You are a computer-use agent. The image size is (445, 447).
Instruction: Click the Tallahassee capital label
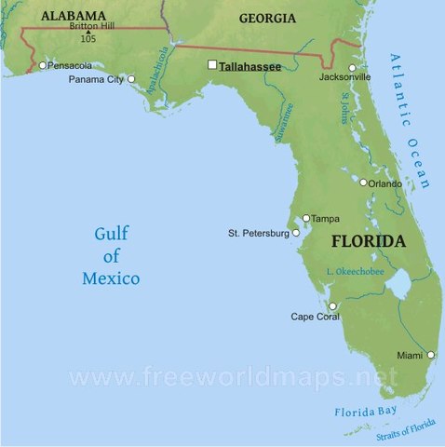pyautogui.click(x=249, y=66)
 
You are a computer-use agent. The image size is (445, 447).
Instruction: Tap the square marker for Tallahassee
pyautogui.click(x=212, y=65)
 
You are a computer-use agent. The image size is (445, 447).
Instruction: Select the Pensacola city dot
pyautogui.click(x=43, y=65)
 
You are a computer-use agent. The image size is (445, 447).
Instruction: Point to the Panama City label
pyautogui.click(x=96, y=80)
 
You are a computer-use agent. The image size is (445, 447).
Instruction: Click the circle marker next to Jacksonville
pyautogui.click(x=353, y=67)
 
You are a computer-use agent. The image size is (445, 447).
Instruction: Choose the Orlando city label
pyautogui.click(x=385, y=183)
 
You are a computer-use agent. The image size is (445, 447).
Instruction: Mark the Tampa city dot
pyautogui.click(x=305, y=218)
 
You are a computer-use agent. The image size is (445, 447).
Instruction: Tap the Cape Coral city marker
pyautogui.click(x=331, y=305)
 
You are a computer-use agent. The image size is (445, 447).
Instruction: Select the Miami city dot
pyautogui.click(x=430, y=355)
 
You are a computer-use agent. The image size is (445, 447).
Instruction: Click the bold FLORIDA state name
pyautogui.click(x=369, y=241)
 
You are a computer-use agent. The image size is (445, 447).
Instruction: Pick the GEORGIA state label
pyautogui.click(x=267, y=18)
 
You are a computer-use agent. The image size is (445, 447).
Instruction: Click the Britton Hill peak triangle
pyautogui.click(x=88, y=33)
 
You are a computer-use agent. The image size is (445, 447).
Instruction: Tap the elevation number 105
pyautogui.click(x=88, y=39)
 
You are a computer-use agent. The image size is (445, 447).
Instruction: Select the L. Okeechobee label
pyautogui.click(x=355, y=271)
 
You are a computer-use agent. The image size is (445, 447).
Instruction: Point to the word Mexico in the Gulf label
pyautogui.click(x=111, y=278)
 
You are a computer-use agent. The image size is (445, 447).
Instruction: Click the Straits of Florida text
pyautogui.click(x=407, y=431)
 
